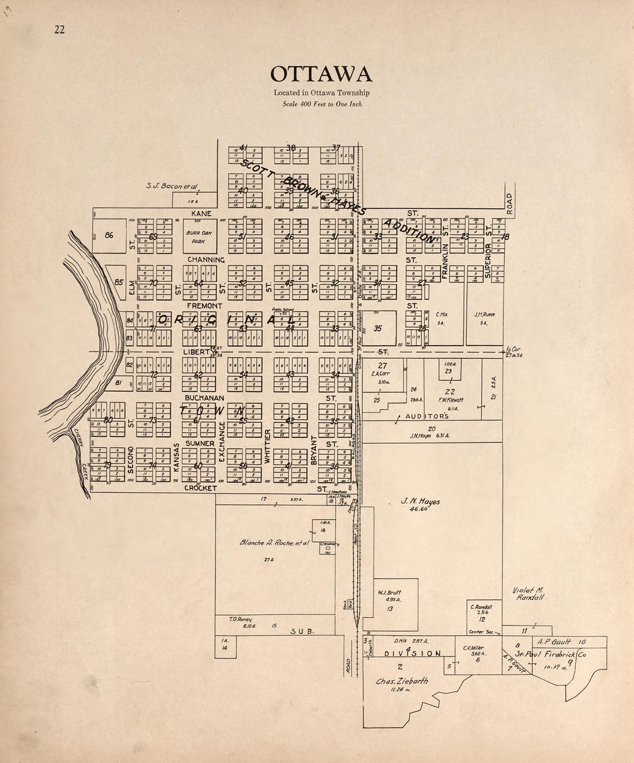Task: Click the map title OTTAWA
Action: [x=321, y=74]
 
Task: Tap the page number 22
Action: [x=59, y=30]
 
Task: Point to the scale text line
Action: [x=322, y=104]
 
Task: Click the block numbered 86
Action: [x=108, y=235]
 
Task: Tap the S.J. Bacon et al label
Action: [x=172, y=186]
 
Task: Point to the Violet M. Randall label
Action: [x=529, y=594]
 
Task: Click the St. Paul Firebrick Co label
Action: [x=550, y=654]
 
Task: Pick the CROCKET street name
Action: [x=200, y=488]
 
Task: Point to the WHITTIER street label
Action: [x=267, y=446]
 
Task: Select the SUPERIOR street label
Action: [x=488, y=260]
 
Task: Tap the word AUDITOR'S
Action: [x=426, y=416]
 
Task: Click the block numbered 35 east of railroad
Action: [x=378, y=328]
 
